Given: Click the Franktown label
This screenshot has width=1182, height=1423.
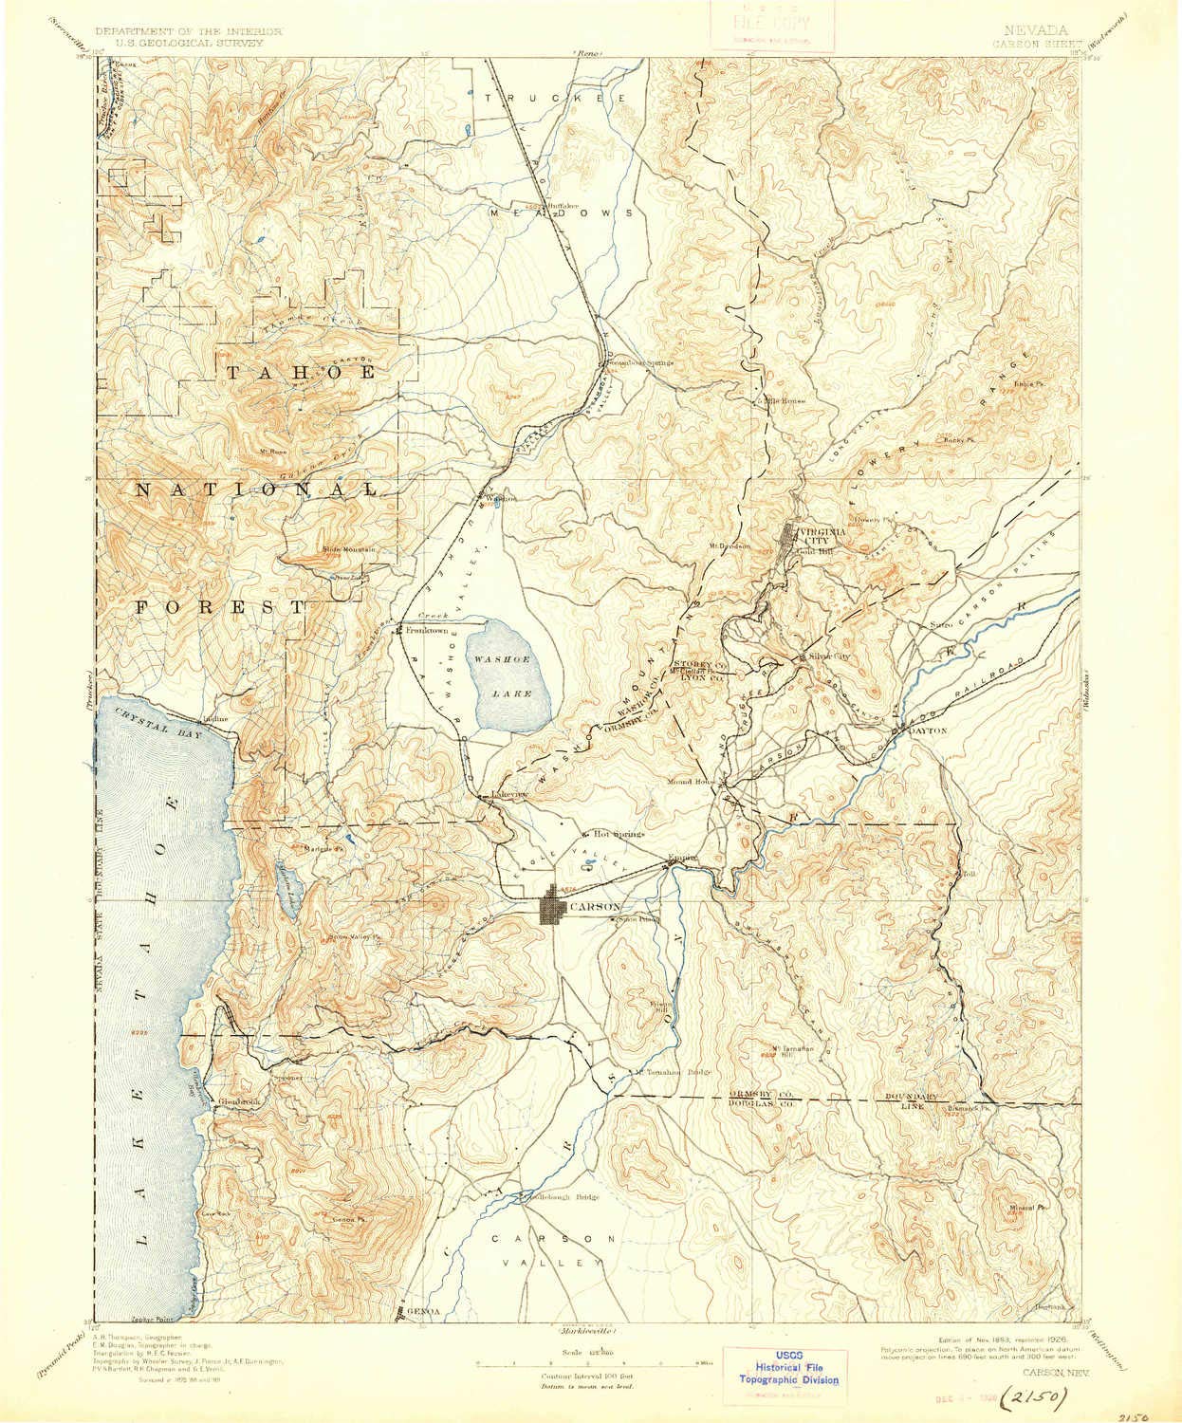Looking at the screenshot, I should click(425, 630).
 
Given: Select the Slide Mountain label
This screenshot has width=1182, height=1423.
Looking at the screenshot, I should click(349, 548).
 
